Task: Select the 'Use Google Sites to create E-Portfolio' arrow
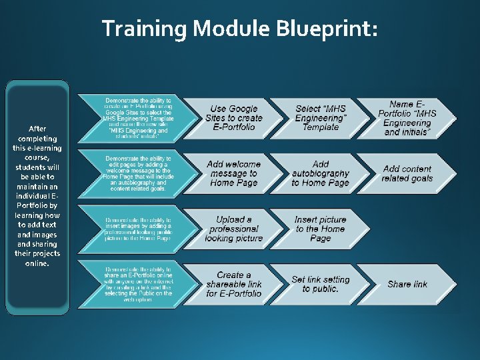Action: [233, 118]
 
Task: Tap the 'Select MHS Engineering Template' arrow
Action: [321, 118]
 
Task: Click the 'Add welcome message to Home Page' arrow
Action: [233, 173]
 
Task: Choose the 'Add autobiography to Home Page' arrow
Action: [321, 173]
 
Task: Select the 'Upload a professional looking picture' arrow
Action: [233, 229]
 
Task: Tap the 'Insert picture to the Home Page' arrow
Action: [321, 229]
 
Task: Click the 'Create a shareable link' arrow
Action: [233, 284]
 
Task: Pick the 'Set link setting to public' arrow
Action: [321, 284]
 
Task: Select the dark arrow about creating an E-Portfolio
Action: [137, 118]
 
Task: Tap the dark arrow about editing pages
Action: [137, 173]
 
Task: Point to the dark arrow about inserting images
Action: [137, 229]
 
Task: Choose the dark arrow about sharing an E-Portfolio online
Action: [137, 284]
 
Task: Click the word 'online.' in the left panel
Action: [37, 263]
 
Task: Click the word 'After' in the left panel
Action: [37, 128]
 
